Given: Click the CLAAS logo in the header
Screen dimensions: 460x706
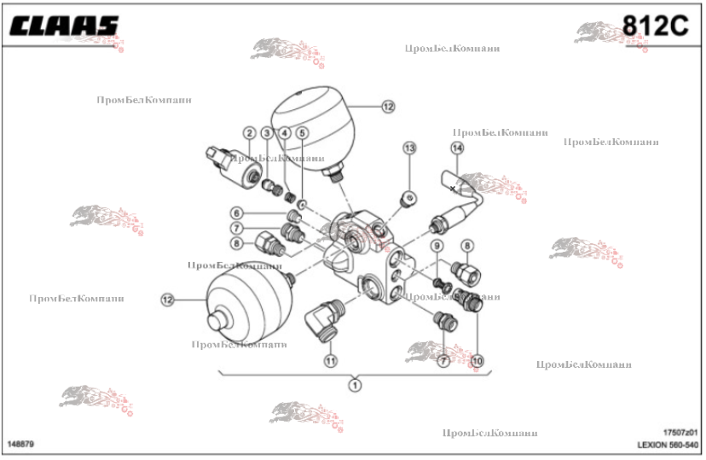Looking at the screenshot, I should click(64, 26).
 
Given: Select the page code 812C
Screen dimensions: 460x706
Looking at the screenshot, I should click(655, 26).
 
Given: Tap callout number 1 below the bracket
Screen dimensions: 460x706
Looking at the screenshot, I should click(354, 385).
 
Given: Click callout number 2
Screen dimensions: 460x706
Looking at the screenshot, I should click(249, 133).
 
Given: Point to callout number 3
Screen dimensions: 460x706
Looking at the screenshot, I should click(267, 133).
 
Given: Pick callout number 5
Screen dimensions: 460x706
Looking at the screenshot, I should click(302, 133).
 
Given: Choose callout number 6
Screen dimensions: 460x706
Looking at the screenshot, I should click(238, 213).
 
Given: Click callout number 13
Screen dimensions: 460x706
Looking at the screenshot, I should click(409, 148).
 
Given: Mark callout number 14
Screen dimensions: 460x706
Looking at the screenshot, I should click(457, 148).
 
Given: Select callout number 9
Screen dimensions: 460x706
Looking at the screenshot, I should click(437, 247).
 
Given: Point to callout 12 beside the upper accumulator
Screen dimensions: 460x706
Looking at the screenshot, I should click(389, 107).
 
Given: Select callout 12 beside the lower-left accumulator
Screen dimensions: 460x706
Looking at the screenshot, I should click(167, 300).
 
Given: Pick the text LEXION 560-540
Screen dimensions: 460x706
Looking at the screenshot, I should click(668, 445).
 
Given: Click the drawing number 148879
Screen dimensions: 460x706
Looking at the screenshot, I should click(20, 445).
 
